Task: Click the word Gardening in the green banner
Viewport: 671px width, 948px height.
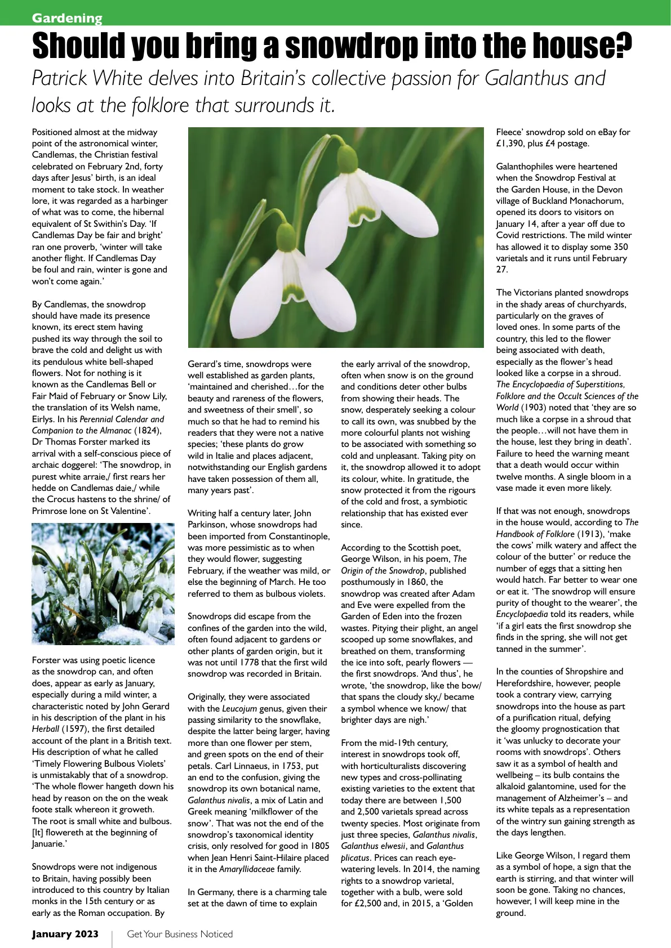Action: point(67,18)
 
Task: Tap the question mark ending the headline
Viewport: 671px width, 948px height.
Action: point(623,46)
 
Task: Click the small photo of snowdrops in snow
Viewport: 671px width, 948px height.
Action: point(103,584)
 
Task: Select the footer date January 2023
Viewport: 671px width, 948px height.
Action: point(65,934)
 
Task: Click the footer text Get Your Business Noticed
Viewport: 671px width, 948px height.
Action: point(180,934)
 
